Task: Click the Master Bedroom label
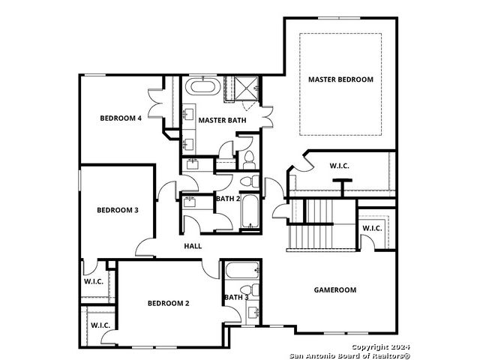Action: click(x=340, y=79)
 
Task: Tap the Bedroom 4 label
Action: click(x=121, y=118)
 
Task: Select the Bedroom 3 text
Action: click(x=118, y=210)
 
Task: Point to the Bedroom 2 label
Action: click(x=168, y=303)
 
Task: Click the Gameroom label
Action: click(x=335, y=290)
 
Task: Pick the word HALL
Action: click(x=193, y=246)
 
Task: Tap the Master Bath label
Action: click(x=222, y=120)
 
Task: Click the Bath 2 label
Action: click(x=228, y=199)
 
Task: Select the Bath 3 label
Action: click(x=236, y=297)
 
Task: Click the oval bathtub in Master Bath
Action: click(x=203, y=86)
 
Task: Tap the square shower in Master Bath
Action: click(x=246, y=88)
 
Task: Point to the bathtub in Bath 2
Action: click(x=250, y=211)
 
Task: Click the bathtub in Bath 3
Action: click(x=242, y=270)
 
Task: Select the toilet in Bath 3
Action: click(x=250, y=290)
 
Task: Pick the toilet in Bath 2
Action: click(x=250, y=181)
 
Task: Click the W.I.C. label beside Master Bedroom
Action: click(x=340, y=166)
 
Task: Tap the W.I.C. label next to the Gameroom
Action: click(x=372, y=228)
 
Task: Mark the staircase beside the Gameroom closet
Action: click(x=322, y=225)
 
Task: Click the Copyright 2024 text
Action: click(x=380, y=347)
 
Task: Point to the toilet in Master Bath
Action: click(x=249, y=160)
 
